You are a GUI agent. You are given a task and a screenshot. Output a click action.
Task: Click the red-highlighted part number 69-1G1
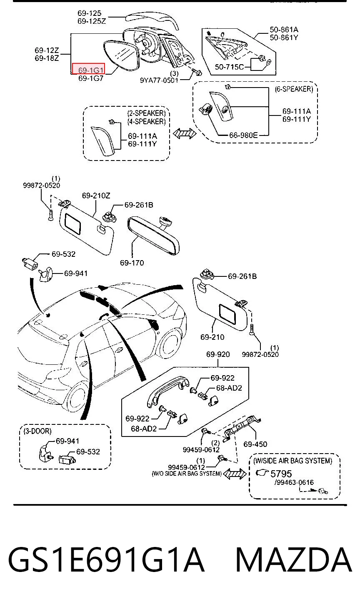91,70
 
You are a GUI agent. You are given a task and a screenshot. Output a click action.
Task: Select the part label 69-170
132,263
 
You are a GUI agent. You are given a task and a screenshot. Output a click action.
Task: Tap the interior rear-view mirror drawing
153,235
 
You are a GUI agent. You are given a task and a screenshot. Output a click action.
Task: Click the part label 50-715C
229,67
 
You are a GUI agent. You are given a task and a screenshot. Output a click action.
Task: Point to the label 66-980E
243,135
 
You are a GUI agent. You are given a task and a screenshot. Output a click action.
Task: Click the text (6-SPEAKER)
294,89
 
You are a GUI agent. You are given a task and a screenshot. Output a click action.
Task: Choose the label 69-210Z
96,196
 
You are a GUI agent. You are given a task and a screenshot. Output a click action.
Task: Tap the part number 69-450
255,444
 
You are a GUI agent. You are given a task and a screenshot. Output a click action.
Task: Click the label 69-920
218,354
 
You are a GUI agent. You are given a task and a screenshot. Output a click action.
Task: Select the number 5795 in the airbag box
281,474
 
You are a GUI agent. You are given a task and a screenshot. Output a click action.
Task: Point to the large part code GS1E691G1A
106,559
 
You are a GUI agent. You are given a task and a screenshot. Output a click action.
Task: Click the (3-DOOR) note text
37,431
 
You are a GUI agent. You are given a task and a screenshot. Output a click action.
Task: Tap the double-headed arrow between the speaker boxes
185,133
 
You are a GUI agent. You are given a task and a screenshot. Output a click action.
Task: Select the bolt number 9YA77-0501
159,80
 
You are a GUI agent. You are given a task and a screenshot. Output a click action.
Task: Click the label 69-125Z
92,21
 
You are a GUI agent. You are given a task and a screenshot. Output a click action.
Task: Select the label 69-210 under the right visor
212,337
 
